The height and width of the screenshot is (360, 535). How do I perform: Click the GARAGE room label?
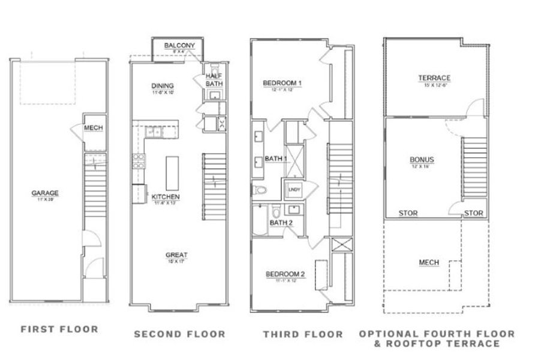click(x=45, y=193)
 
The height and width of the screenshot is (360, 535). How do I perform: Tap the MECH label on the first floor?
click(x=92, y=128)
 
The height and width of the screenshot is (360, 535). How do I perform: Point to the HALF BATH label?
click(x=214, y=80)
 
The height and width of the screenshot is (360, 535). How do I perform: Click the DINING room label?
click(x=163, y=86)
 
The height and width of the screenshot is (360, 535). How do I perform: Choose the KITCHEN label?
click(x=166, y=197)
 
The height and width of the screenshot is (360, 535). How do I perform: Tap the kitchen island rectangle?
click(x=172, y=173)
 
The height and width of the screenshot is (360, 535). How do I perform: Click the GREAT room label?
click(x=172, y=255)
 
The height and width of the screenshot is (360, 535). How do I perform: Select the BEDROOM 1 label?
click(x=282, y=83)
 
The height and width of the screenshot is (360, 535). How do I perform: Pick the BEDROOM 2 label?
click(x=285, y=274)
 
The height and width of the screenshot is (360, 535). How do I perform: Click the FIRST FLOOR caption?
click(x=59, y=329)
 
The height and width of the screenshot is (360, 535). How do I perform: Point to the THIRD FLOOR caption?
click(x=303, y=334)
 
